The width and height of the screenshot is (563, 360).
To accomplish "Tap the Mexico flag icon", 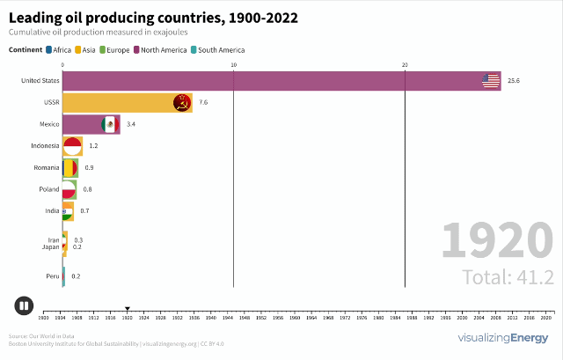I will (x=109, y=124).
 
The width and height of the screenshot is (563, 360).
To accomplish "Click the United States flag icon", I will (x=491, y=81).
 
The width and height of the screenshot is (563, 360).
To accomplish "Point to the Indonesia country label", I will (x=44, y=145).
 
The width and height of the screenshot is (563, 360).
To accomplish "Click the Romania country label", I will (x=46, y=167).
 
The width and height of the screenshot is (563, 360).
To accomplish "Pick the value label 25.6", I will (x=514, y=81).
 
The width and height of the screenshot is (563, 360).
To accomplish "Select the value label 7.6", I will (x=203, y=103).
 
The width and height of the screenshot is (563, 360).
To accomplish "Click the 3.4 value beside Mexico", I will (x=131, y=124).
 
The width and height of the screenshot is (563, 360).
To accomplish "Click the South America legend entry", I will (x=221, y=50).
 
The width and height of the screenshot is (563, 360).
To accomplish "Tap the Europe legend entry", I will (x=119, y=50).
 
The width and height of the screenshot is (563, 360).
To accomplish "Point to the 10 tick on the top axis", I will (x=233, y=65).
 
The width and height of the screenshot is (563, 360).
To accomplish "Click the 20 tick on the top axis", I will (x=405, y=65).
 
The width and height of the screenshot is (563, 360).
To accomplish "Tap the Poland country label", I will (x=48, y=189).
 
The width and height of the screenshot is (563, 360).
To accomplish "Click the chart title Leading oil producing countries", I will (x=153, y=17).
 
